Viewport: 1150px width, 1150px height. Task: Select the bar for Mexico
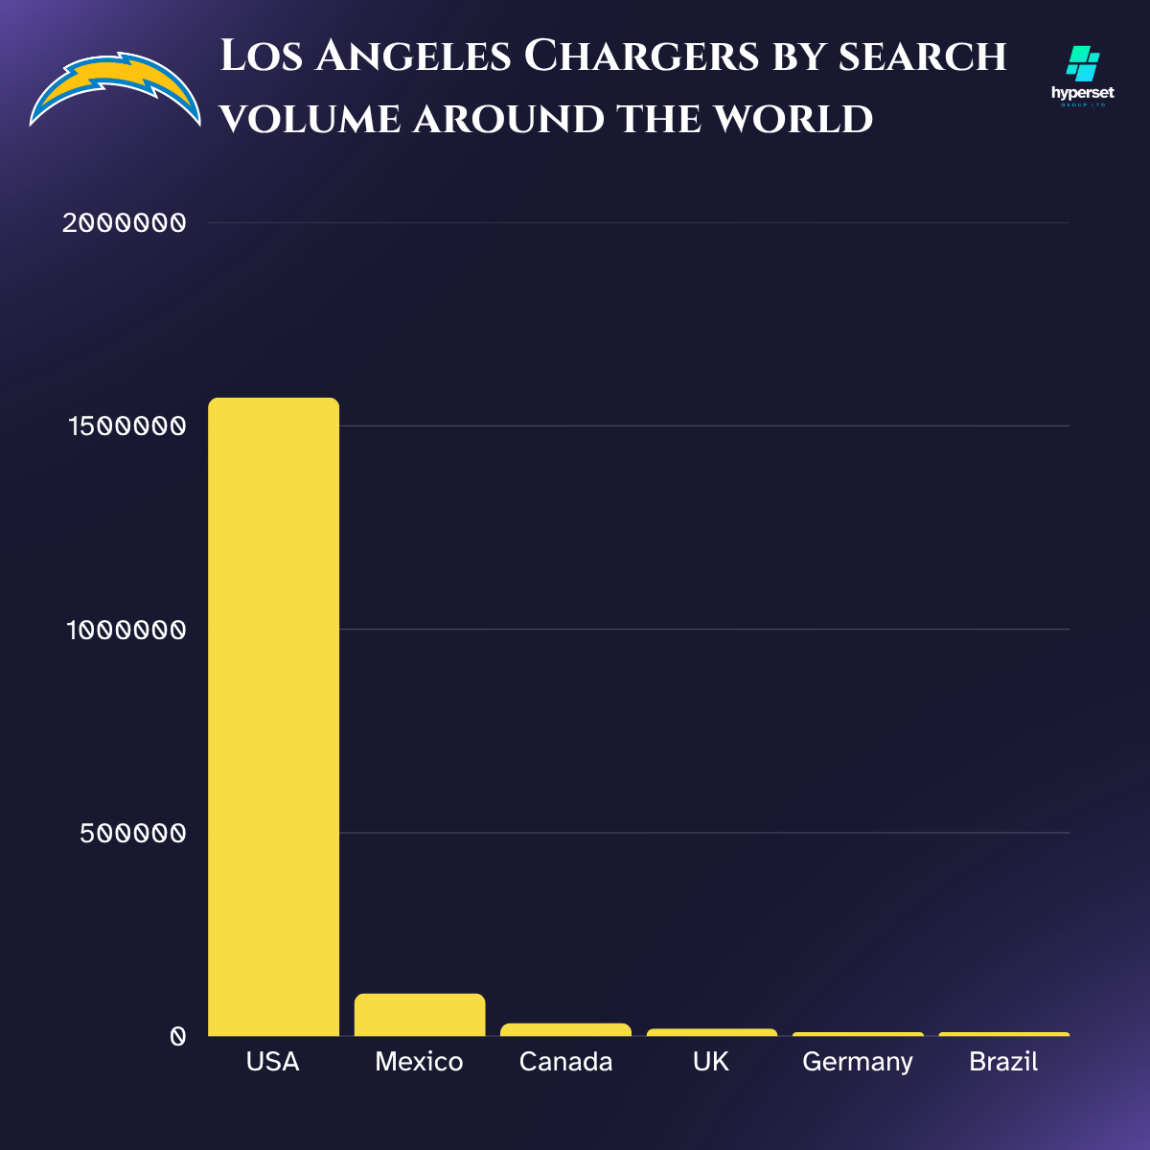420,1015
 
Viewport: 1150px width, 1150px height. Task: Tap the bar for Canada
565,1029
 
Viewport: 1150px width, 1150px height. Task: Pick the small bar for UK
712,1032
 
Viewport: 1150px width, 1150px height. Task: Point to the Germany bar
858,1034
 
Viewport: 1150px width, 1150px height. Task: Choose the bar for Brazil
1004,1034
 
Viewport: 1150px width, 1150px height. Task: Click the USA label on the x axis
273,1062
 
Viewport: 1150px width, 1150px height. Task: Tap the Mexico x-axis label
420,1062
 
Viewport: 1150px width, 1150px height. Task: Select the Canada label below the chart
565,1062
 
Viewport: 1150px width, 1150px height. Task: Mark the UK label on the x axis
711,1062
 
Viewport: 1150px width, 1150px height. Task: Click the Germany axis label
858,1063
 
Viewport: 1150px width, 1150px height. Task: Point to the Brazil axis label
1003,1062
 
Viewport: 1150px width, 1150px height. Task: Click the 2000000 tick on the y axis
124,223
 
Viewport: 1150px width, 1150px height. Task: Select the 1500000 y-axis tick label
126,426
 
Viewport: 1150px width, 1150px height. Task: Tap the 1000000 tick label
126,630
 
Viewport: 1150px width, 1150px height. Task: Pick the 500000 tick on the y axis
133,833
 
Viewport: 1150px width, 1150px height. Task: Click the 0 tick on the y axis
177,1036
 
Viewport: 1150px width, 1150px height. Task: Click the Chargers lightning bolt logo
115,89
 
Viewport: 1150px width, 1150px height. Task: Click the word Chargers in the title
641,57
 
